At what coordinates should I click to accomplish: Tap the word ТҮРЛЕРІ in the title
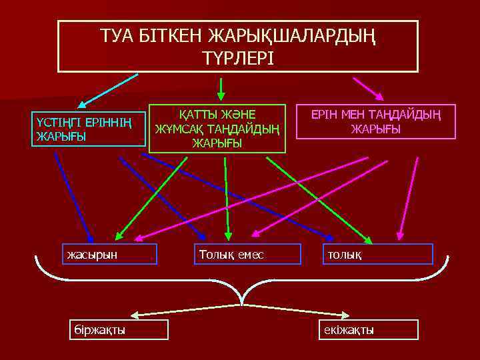(x=237, y=57)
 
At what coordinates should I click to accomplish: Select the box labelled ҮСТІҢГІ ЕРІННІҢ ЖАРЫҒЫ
(x=89, y=129)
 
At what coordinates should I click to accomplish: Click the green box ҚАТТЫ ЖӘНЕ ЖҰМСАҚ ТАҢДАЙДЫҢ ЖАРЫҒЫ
(x=217, y=128)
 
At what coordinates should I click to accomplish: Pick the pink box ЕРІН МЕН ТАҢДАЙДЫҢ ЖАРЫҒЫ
(x=375, y=121)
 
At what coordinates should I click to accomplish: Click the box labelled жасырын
(x=109, y=254)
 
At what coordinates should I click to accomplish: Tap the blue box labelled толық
(x=377, y=254)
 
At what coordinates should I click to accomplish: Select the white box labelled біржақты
(x=119, y=330)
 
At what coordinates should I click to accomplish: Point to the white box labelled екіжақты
(x=367, y=330)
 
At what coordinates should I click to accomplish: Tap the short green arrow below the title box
(x=221, y=86)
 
